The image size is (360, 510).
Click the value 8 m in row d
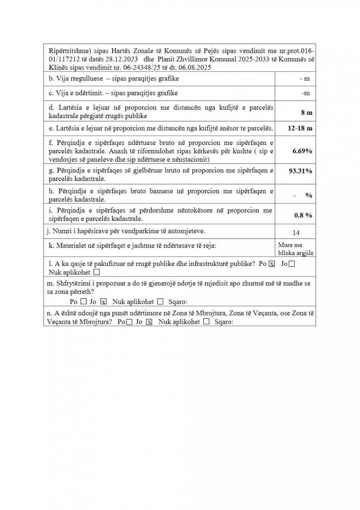click(x=307, y=113)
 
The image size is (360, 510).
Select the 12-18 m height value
click(x=300, y=129)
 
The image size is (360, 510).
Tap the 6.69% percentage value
click(x=302, y=151)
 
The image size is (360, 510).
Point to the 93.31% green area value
click(x=300, y=171)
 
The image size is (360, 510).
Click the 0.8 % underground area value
click(x=303, y=215)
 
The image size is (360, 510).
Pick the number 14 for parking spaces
click(x=296, y=233)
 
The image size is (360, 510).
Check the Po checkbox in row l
click(x=272, y=264)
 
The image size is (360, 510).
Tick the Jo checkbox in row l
click(x=292, y=264)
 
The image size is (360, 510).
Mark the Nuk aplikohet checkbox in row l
click(x=96, y=272)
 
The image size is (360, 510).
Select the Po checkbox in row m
click(x=84, y=301)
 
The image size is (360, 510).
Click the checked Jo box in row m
click(x=103, y=301)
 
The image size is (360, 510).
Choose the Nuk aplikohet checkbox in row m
click(x=160, y=301)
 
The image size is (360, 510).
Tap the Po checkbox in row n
click(x=129, y=322)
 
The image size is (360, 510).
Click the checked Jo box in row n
click(x=149, y=322)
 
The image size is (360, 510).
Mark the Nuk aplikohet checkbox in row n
click(x=206, y=322)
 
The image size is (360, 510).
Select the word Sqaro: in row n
click(x=224, y=322)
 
